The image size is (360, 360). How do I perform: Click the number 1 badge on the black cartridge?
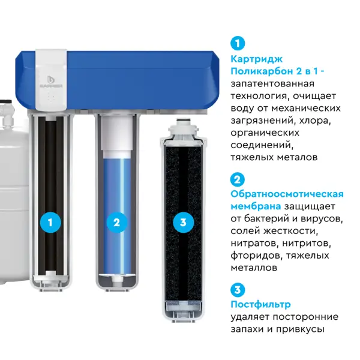(x=50, y=222)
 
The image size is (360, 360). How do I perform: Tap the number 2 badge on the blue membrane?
(x=116, y=222)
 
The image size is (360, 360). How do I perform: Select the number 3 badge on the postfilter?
(x=183, y=222)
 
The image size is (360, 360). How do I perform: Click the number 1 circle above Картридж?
(x=238, y=43)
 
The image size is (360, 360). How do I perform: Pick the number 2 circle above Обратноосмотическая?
(x=238, y=179)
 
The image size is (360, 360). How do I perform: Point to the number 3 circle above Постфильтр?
(x=238, y=290)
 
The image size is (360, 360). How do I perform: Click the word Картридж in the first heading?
(x=257, y=59)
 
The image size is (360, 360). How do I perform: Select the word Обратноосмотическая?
(x=287, y=194)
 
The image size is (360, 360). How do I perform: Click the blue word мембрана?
(x=256, y=206)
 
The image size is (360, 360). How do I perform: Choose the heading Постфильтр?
(x=260, y=305)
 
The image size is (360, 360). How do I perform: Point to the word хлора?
(x=315, y=121)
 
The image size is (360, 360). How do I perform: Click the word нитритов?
(x=307, y=244)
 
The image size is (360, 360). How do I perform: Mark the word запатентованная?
(x=272, y=84)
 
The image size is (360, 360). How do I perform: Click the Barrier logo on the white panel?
(x=51, y=82)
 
